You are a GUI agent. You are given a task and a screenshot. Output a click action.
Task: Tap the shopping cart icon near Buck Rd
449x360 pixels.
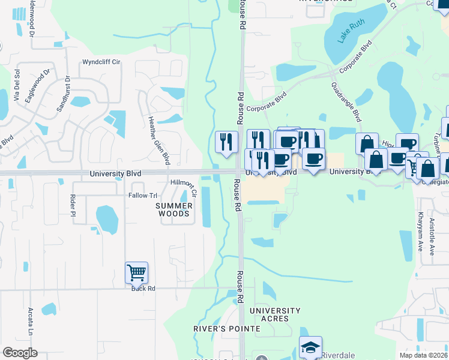[x=136, y=273]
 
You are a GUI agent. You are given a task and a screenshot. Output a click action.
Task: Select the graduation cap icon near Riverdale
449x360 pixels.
[x=310, y=347]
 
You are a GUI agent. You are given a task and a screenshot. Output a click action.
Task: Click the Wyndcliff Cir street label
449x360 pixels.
[x=101, y=62]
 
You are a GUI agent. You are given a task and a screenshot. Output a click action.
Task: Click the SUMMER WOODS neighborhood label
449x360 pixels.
[x=173, y=209]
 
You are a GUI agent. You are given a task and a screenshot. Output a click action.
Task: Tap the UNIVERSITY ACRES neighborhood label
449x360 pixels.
[x=275, y=314]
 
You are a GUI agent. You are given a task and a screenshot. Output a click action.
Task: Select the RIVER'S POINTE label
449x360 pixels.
[x=226, y=329]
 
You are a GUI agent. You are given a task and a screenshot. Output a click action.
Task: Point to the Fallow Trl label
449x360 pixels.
[x=142, y=196]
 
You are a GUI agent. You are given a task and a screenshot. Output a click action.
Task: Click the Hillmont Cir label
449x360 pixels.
[x=184, y=187]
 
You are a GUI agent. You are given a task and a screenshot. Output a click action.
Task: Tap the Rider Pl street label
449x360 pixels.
[x=73, y=205]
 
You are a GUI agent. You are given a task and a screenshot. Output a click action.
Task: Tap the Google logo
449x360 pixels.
[x=20, y=353]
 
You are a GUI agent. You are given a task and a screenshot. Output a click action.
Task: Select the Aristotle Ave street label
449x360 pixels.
[x=432, y=235]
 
